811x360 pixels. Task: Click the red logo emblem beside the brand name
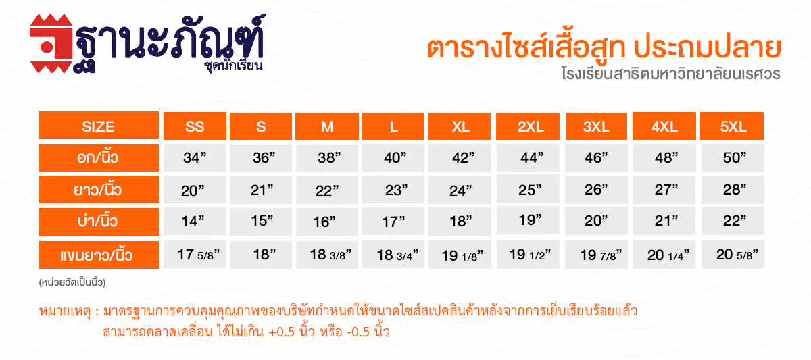(x=51, y=43)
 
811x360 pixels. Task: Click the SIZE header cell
(x=99, y=126)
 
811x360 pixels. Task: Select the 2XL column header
(x=528, y=126)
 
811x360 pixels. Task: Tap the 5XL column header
(x=732, y=126)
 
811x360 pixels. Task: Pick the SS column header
(x=195, y=126)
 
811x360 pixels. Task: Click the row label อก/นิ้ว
(x=99, y=157)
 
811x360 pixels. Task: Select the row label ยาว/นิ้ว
(x=99, y=189)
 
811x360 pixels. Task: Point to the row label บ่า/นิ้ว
(x=99, y=222)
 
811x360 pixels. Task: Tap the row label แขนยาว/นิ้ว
(x=99, y=255)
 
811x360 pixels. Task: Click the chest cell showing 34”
(x=195, y=158)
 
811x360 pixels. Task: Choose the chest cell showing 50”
(x=733, y=158)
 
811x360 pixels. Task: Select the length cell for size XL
(x=460, y=190)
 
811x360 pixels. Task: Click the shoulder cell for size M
(x=327, y=222)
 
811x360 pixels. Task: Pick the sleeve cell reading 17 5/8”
(x=195, y=255)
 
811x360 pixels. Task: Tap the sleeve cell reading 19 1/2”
(x=528, y=255)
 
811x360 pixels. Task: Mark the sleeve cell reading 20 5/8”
(x=733, y=255)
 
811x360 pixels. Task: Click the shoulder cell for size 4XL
(x=664, y=221)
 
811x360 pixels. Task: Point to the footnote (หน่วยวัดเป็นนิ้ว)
(x=72, y=282)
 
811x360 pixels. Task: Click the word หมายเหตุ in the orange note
(x=65, y=311)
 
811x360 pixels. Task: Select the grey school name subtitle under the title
(x=671, y=74)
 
